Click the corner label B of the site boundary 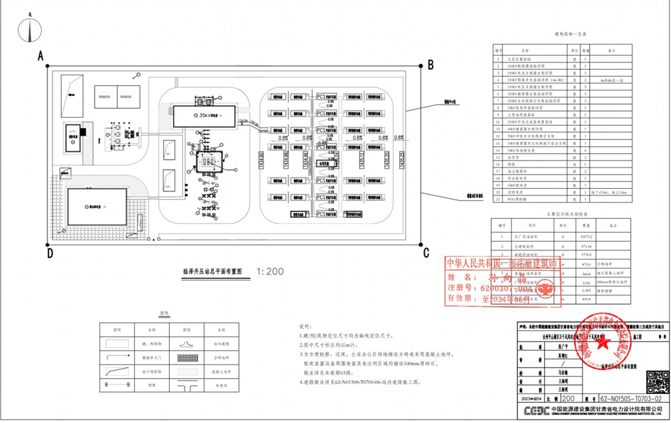[431, 64]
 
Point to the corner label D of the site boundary [50, 253]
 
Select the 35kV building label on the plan [209, 115]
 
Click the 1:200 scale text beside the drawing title [270, 272]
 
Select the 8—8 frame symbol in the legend [117, 384]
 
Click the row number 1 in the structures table [498, 59]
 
